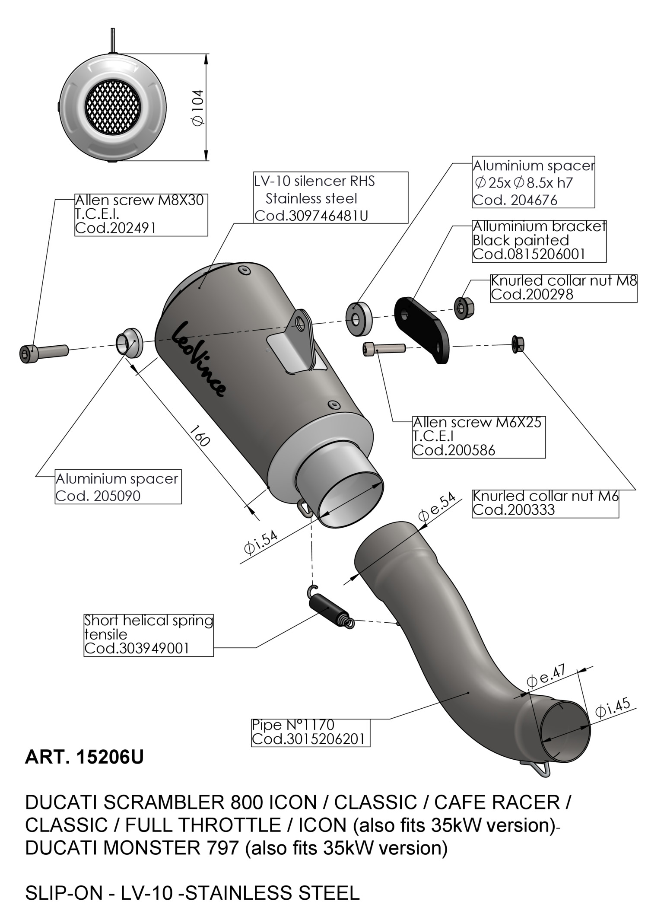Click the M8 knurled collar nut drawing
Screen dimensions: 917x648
point(464,308)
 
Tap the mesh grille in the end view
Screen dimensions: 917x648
point(114,107)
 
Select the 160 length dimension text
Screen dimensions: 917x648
point(200,435)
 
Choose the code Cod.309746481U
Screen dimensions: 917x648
point(311,216)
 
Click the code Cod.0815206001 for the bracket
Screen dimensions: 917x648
point(529,254)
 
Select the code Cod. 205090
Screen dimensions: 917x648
point(98,496)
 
